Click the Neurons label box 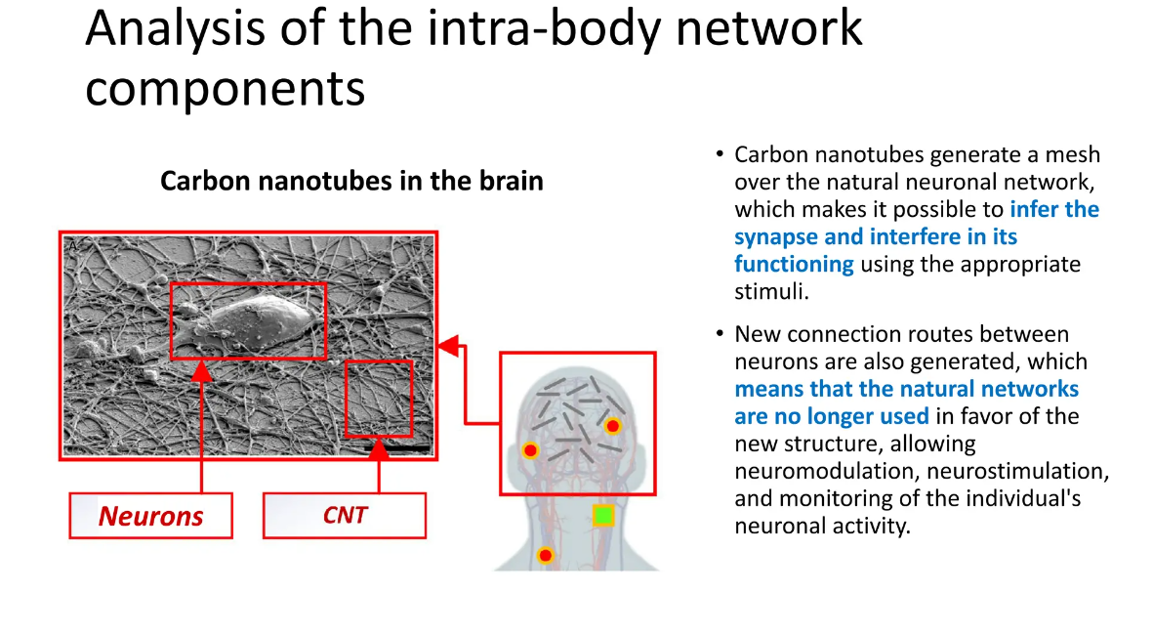(150, 516)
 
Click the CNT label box (344, 515)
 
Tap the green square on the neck (603, 516)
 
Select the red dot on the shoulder (545, 556)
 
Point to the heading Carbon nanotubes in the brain (351, 181)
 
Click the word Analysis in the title (175, 28)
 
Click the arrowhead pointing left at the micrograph (449, 344)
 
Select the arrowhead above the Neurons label (201, 370)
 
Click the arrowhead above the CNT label (379, 449)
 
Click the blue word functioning (794, 264)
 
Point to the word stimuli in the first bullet (771, 291)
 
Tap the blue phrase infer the (1054, 209)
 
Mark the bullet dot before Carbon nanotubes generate (720, 154)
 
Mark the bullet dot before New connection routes (720, 334)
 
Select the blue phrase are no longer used (832, 416)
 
